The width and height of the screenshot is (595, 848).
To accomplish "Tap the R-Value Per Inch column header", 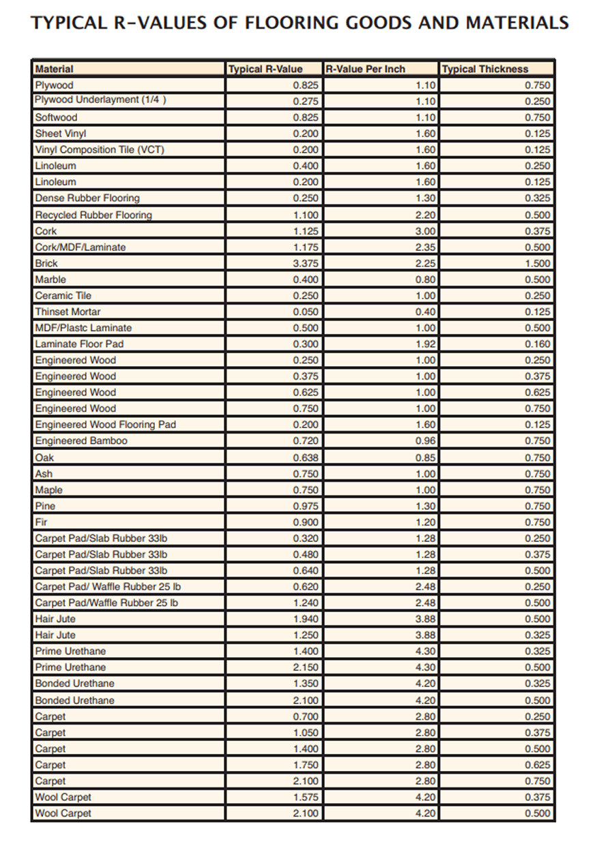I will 365,69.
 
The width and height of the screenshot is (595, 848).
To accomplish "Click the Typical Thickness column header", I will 485,69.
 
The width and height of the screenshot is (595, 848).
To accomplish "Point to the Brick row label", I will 46,263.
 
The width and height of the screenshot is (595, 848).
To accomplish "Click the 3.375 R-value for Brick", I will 305,263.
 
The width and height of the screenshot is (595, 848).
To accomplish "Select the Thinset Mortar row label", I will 68,312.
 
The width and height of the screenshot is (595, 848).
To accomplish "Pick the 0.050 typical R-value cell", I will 305,312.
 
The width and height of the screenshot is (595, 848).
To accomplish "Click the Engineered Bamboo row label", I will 81,441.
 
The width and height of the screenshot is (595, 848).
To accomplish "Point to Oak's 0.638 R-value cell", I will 305,457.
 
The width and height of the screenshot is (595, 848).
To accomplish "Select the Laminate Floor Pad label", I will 79,344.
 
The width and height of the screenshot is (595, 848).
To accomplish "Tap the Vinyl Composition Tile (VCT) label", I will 100,150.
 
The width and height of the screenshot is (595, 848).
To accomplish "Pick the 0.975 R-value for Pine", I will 305,506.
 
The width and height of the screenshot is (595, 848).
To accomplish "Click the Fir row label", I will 40,522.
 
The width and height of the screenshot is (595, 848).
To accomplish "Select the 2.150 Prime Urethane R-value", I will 305,667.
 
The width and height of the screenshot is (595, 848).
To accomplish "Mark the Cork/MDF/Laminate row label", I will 81,247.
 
